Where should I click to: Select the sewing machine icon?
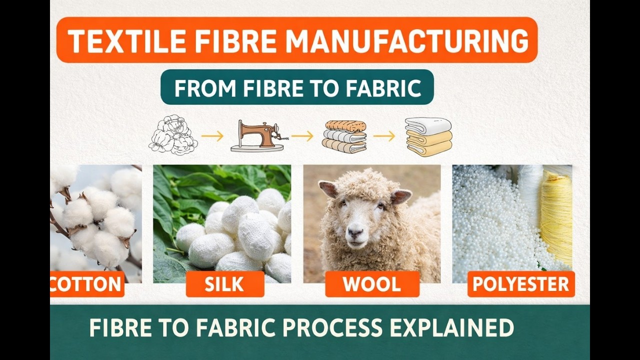pos(256,136)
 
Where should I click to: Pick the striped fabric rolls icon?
pos(344,136)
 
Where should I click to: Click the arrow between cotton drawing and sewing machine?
pos(212,135)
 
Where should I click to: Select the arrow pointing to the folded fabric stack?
pos(384,135)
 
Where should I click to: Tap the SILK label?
pos(224,284)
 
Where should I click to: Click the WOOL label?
pos(372,284)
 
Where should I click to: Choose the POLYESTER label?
pos(521,284)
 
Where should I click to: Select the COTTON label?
pos(86,284)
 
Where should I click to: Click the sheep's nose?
pos(355,232)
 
